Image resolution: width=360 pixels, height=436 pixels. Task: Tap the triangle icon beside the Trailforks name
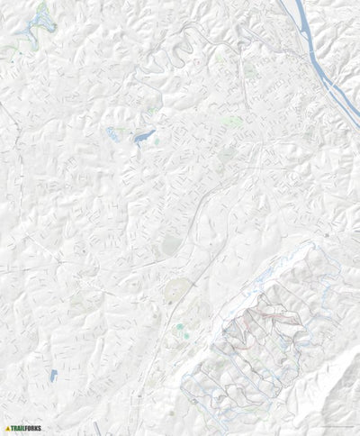(x=7, y=428)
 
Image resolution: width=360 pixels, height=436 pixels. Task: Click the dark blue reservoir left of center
(x=144, y=137)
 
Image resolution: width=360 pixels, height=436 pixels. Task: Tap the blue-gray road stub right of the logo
(x=96, y=427)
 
